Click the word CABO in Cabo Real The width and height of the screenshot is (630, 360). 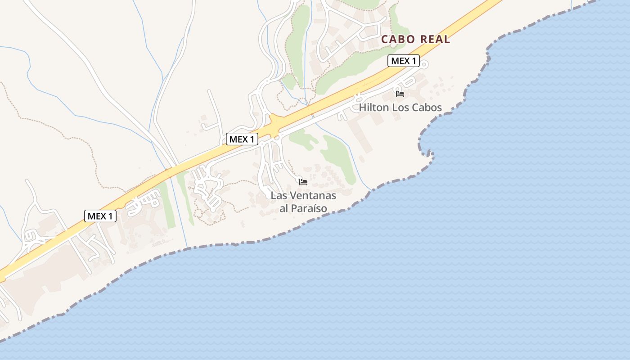[x=398, y=39]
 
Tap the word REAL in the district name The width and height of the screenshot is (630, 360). [x=434, y=39]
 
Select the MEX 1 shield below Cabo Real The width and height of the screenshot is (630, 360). [x=404, y=61]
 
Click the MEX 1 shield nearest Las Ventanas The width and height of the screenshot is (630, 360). [x=242, y=139]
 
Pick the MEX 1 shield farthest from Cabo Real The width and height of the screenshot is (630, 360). [x=100, y=216]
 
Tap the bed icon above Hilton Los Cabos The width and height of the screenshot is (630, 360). [x=400, y=94]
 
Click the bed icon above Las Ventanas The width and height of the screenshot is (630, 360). [x=303, y=182]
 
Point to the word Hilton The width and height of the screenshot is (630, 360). [x=373, y=108]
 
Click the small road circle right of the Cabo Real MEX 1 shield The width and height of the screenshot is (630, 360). [x=424, y=65]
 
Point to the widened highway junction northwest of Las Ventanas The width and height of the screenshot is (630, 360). [x=274, y=122]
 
